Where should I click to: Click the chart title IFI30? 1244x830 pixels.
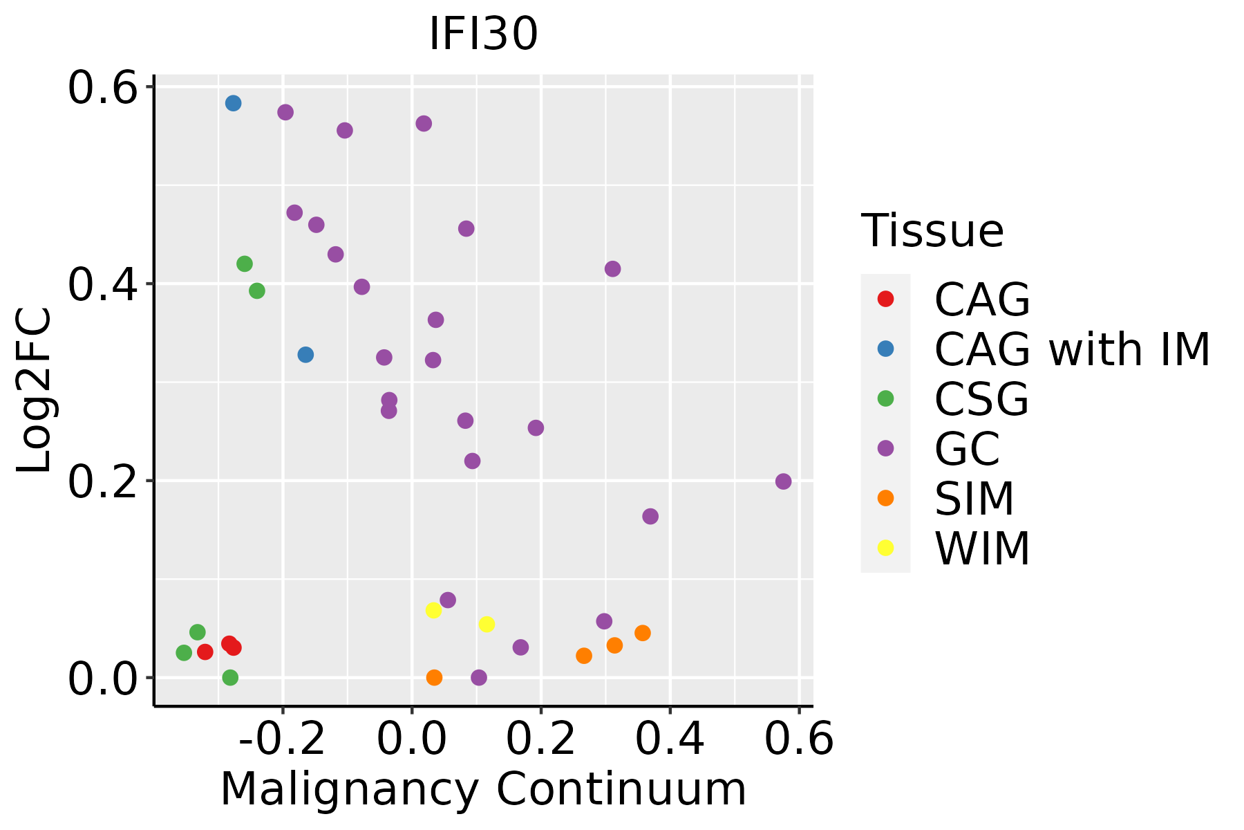click(x=483, y=33)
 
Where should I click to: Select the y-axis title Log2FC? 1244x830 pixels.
click(x=35, y=391)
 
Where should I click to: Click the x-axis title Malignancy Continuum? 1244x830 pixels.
click(x=483, y=789)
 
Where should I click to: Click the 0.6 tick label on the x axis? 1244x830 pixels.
click(x=799, y=739)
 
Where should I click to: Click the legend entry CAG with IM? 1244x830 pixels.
click(x=1072, y=349)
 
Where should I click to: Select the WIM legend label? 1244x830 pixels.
click(x=982, y=548)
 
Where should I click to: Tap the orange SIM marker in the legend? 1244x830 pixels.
click(x=885, y=498)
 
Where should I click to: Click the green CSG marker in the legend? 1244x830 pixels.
click(x=885, y=398)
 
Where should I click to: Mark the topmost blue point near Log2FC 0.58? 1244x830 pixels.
click(x=233, y=103)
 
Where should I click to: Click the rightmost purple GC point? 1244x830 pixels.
click(x=783, y=481)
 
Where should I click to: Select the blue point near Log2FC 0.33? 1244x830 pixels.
click(x=305, y=355)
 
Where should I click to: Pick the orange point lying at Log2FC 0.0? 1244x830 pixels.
click(x=434, y=677)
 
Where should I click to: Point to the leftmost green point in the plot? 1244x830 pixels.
click(x=184, y=652)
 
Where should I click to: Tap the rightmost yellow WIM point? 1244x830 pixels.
click(x=487, y=625)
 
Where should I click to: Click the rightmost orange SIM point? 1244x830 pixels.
click(x=643, y=633)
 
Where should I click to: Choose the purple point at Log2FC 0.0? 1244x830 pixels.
click(x=479, y=677)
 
